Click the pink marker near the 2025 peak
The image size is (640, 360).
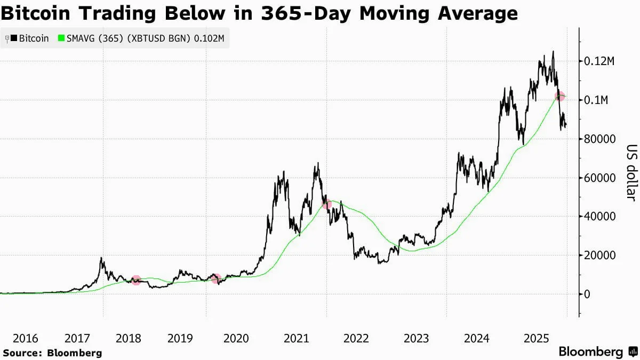point(559,97)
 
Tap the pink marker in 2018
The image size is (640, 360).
point(136,280)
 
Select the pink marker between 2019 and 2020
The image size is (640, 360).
point(216,278)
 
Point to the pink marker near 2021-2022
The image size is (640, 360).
point(327,204)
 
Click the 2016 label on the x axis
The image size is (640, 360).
point(25,338)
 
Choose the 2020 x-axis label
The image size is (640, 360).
point(236,338)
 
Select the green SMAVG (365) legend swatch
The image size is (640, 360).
point(61,38)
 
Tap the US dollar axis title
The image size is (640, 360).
point(630,173)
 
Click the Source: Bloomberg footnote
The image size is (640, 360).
point(52,353)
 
